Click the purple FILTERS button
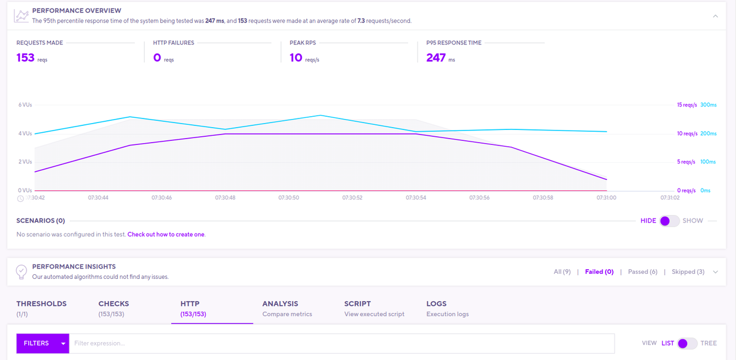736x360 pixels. tap(42, 343)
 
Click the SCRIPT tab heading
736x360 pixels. tap(358, 304)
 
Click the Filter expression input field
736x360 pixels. tap(342, 343)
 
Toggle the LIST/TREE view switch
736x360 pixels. tap(687, 343)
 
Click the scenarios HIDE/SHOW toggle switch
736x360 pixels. tap(669, 221)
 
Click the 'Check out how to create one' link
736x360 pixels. tap(166, 235)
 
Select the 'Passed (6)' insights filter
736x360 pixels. tap(642, 272)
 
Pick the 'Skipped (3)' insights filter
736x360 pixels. tap(688, 272)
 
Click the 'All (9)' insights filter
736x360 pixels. tap(562, 272)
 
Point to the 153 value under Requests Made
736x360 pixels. tap(26, 58)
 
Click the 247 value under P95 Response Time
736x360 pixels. tap(436, 58)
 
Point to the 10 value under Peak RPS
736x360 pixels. tap(296, 58)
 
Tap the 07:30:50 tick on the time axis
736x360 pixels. tap(289, 198)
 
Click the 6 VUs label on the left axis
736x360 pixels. tap(25, 105)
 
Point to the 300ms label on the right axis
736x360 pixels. tap(708, 105)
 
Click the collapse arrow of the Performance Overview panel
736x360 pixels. tap(715, 16)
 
